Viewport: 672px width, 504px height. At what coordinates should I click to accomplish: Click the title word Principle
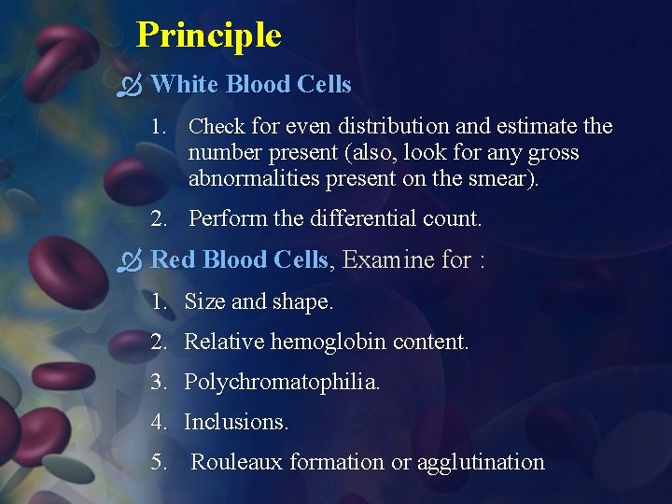tap(208, 35)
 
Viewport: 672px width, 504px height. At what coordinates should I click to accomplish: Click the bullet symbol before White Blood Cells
tap(129, 86)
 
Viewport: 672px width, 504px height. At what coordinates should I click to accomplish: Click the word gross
tap(552, 152)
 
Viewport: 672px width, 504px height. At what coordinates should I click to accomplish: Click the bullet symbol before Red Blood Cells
tap(129, 260)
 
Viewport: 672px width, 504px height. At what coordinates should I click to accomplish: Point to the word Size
tap(204, 301)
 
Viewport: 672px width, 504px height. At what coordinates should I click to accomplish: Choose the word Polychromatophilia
tap(282, 382)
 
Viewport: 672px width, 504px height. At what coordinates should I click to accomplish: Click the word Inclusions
tap(236, 422)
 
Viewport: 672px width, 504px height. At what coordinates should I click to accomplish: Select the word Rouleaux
tap(237, 462)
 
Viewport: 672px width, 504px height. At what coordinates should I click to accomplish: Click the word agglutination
tap(481, 462)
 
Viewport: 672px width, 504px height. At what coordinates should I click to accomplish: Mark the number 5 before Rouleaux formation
tap(158, 462)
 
